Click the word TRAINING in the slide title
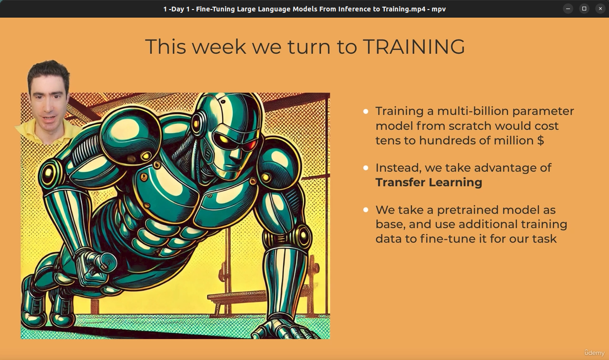click(413, 47)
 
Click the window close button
click(600, 9)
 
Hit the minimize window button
click(568, 9)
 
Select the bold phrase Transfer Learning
click(429, 182)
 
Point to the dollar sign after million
click(540, 140)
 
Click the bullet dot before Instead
click(366, 168)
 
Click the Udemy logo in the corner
click(594, 353)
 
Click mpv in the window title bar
click(439, 9)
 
